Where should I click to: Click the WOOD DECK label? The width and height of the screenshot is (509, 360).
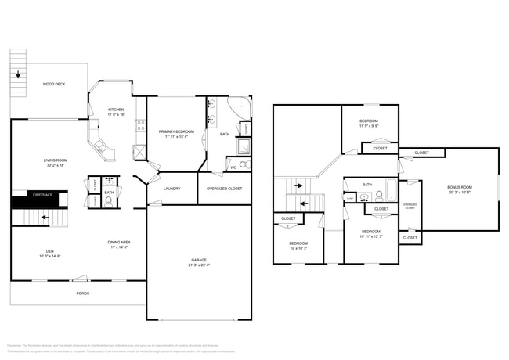click(54, 83)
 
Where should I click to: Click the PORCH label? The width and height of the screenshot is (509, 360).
click(82, 293)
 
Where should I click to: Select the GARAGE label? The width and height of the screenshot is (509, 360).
click(199, 262)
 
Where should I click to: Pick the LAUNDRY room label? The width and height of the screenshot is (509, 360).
click(172, 189)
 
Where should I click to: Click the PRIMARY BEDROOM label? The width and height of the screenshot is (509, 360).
click(176, 134)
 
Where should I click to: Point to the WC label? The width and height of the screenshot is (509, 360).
click(233, 167)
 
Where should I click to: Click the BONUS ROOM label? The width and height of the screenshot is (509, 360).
click(460, 189)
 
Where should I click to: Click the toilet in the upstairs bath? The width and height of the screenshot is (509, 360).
click(364, 197)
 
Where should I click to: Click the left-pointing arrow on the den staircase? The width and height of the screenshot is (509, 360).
click(44, 218)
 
